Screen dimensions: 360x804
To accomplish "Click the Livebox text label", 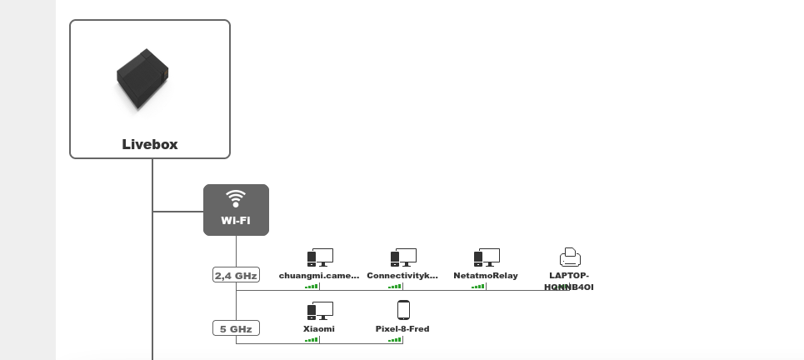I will coord(150,144).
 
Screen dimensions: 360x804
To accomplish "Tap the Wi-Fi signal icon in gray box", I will coord(236,198).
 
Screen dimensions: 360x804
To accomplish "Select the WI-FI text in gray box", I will coord(236,221).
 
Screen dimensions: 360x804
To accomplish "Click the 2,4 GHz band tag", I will coord(236,275).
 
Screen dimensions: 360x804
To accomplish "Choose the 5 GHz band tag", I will coord(236,328).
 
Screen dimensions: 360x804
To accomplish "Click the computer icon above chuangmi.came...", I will coord(320,257).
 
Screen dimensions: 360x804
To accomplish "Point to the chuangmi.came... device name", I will coord(319,275).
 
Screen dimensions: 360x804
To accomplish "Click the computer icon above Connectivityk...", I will coord(403,257).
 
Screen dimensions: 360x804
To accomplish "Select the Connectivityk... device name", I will coord(402,275).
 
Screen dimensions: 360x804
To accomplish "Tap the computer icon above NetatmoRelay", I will coord(487,257).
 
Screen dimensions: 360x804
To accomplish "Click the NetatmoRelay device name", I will coord(486,275).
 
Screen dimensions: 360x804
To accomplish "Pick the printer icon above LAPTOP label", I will coord(570,257).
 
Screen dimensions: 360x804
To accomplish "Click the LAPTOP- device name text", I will coord(569,275).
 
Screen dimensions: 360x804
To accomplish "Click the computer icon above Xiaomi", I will coord(320,311).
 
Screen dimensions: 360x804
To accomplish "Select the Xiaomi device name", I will coord(319,328).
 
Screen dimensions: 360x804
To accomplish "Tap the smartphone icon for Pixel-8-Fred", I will coord(403,310).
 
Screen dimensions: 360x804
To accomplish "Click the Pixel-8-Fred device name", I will coord(402,328).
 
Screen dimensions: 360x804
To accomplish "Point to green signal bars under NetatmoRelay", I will coord(478,286).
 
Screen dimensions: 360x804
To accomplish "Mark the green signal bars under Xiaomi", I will coord(312,339).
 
